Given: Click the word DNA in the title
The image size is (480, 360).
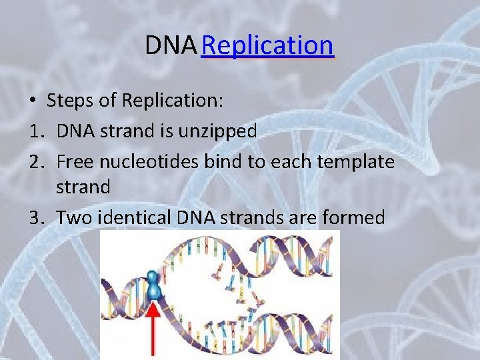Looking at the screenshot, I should pos(171,45).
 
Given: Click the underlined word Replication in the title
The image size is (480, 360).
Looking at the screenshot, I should pos(267,45).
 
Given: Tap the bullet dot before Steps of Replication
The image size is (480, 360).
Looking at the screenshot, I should pos(32,101).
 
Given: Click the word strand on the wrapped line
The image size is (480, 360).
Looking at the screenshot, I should pos(83,187).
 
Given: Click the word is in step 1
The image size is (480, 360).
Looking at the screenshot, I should pos(167,131).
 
